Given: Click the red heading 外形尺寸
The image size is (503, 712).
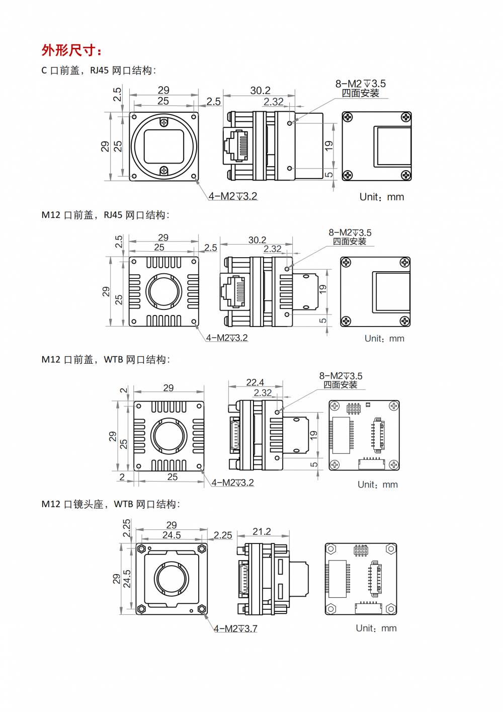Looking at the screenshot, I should (x=71, y=50).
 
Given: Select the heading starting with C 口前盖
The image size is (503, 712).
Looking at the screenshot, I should (x=99, y=70).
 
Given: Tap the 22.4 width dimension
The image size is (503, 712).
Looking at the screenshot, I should (x=255, y=382).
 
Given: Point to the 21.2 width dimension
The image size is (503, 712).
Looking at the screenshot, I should (x=262, y=531).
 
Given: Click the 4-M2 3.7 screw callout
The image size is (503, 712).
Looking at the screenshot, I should (x=235, y=628).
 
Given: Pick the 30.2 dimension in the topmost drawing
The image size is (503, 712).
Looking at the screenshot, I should (x=260, y=91).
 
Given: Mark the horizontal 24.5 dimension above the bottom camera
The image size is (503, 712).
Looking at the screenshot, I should (x=172, y=535).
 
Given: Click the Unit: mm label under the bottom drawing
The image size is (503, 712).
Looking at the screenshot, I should (x=376, y=628).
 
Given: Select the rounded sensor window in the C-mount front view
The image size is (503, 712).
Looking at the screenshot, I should (x=164, y=146).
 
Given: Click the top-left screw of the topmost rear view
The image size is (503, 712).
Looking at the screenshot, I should (x=348, y=117).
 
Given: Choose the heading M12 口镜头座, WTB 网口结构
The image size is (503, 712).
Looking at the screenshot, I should (x=111, y=504).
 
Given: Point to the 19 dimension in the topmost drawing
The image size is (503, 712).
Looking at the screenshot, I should (x=329, y=146).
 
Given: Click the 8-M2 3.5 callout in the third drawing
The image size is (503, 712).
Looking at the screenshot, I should (x=341, y=376).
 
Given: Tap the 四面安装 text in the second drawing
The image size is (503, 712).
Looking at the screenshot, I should (x=350, y=242).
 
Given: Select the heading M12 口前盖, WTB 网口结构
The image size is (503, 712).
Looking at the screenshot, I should (x=106, y=360).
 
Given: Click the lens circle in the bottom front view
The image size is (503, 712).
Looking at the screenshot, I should (x=172, y=578).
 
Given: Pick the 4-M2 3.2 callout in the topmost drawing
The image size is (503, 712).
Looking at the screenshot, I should (x=233, y=196).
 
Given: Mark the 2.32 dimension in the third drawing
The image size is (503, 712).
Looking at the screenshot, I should (x=263, y=392).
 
